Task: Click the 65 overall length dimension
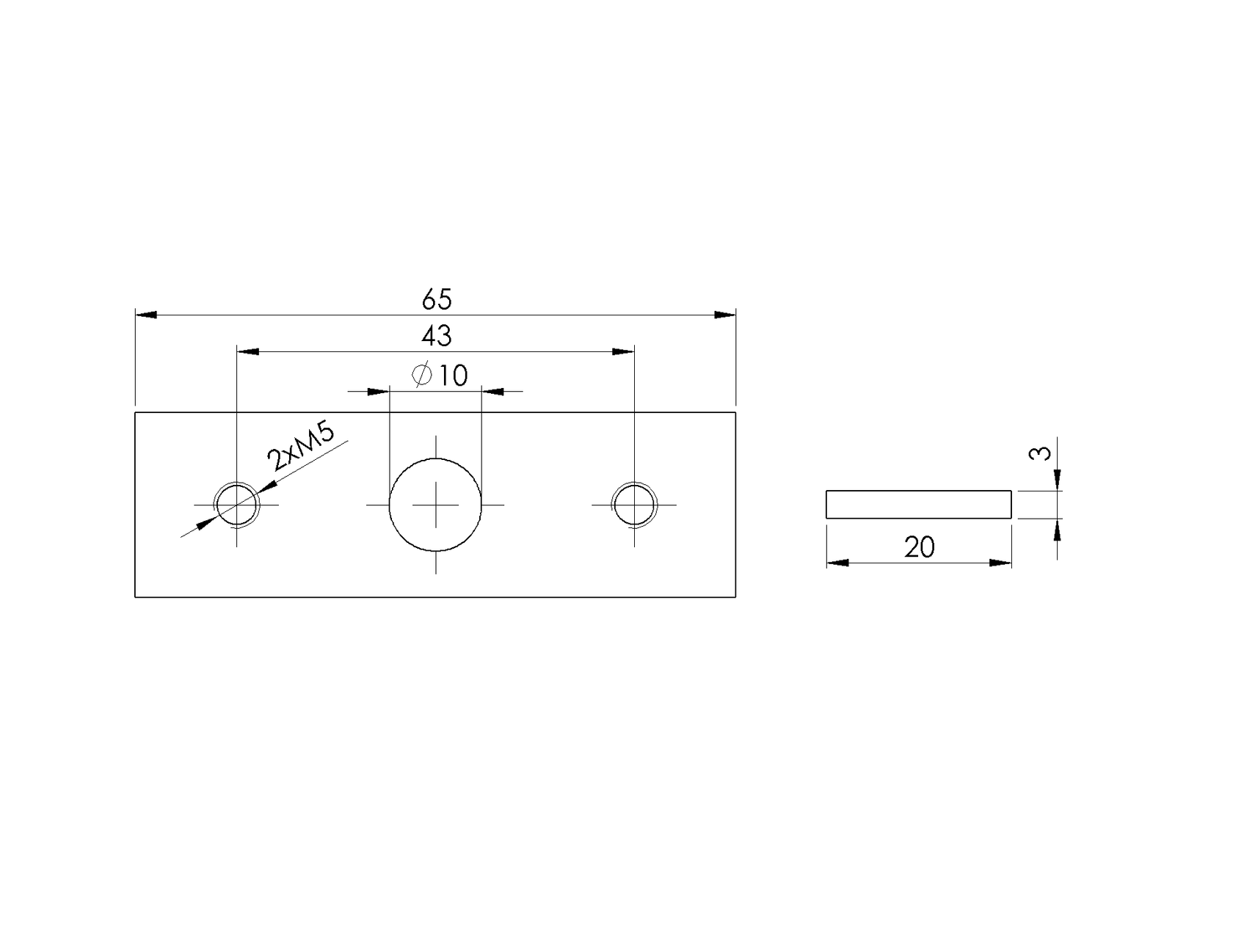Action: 437,300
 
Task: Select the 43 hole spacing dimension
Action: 437,337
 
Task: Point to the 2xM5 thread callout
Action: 300,447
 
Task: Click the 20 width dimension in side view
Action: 919,547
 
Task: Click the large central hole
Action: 435,505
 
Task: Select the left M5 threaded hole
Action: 236,505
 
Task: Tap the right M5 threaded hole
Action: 634,505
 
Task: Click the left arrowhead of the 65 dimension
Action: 146,315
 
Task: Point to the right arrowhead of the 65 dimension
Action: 725,315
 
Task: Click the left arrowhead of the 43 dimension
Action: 247,352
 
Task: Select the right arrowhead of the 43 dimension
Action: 623,352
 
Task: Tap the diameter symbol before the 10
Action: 422,375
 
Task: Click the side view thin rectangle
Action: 919,504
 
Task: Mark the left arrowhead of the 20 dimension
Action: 837,563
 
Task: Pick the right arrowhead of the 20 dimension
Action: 1000,563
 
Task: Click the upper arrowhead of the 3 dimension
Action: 1057,480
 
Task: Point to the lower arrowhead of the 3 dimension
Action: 1057,529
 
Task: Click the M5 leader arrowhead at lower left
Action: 205,523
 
